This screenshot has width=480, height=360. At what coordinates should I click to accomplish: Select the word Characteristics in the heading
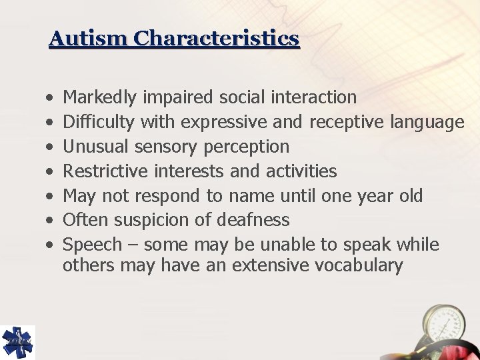click(x=216, y=38)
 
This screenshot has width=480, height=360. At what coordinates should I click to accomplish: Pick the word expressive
click(x=217, y=122)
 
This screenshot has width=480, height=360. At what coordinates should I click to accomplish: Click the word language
click(x=427, y=122)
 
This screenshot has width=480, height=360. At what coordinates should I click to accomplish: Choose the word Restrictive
click(x=105, y=171)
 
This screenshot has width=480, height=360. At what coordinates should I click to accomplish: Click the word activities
click(x=301, y=171)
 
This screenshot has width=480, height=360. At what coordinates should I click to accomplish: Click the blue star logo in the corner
click(x=17, y=342)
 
